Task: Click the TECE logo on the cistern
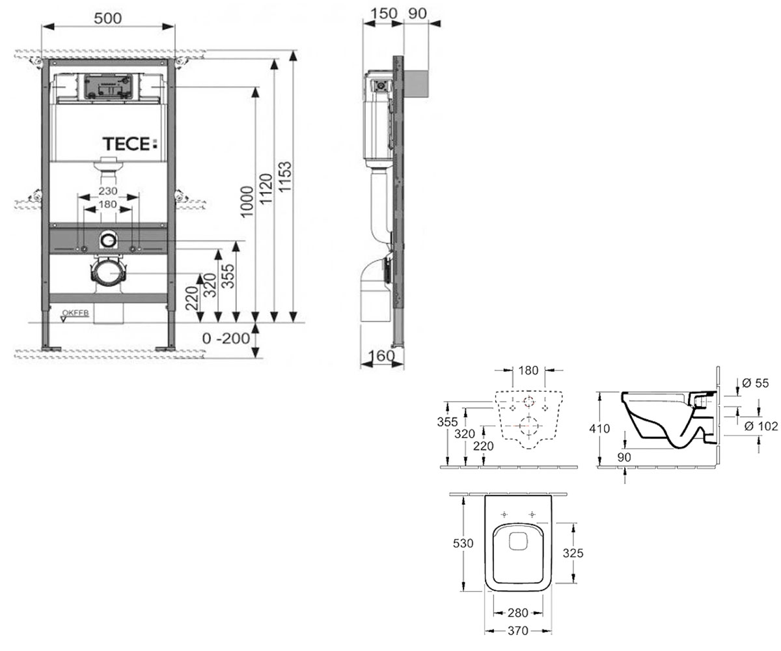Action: pos(130,144)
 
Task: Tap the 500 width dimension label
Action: pos(108,18)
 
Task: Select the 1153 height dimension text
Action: pos(285,176)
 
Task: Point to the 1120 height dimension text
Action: pos(266,189)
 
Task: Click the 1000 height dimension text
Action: pos(247,201)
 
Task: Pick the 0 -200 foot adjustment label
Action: pos(226,339)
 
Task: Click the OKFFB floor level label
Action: pos(75,312)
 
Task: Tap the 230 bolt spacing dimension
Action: pos(108,191)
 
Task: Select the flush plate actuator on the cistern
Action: pos(109,87)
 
